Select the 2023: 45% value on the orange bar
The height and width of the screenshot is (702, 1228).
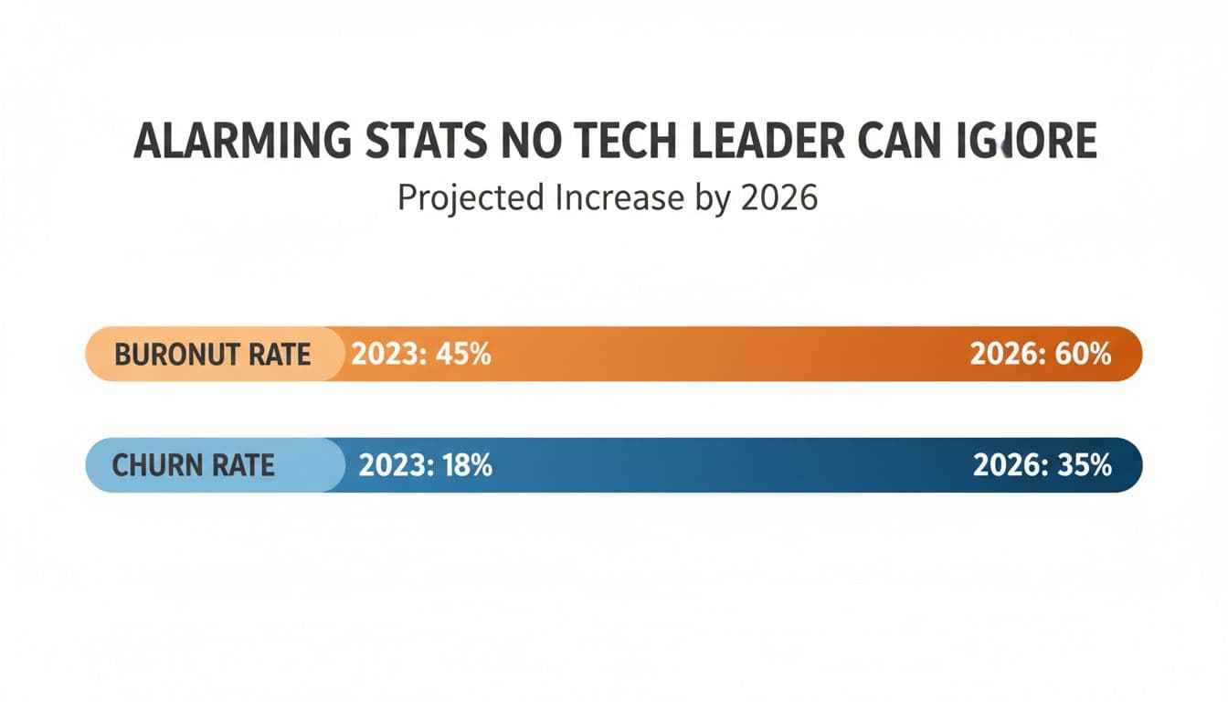click(421, 355)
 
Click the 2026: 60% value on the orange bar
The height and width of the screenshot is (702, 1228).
click(1040, 355)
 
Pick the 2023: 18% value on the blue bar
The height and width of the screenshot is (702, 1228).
click(425, 465)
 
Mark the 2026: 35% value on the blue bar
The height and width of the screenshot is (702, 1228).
click(1042, 465)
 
